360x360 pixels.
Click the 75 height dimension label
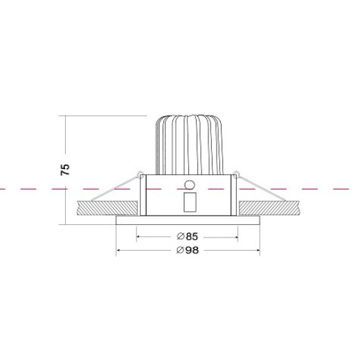pyautogui.click(x=65, y=170)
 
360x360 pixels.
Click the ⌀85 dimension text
pyautogui.click(x=188, y=237)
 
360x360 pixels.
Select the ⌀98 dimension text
pyautogui.click(x=188, y=250)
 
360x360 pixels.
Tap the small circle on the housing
pyautogui.click(x=190, y=185)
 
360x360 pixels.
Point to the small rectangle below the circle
pyautogui.click(x=190, y=202)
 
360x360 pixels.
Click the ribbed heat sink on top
pyautogui.click(x=190, y=145)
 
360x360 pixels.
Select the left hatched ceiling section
pyautogui.click(x=107, y=208)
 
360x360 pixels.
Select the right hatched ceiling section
pyautogui.click(x=269, y=208)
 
